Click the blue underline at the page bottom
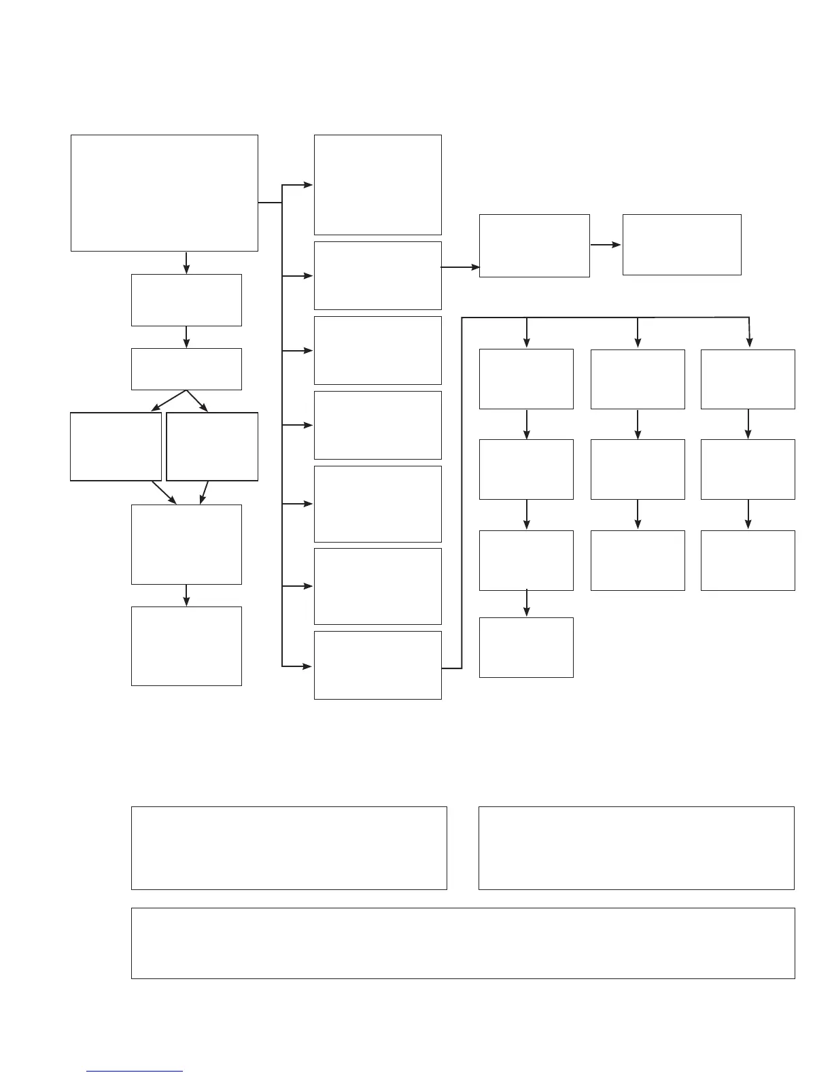[x=135, y=1072]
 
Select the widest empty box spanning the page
[x=462, y=943]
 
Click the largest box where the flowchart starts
[x=164, y=192]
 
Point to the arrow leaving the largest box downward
[x=186, y=262]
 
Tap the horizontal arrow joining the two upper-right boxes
[x=606, y=245]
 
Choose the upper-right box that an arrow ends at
[x=682, y=245]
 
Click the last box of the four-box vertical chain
[x=526, y=647]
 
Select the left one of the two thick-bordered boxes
[x=116, y=446]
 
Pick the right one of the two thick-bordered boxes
[x=212, y=446]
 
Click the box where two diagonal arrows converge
[x=186, y=544]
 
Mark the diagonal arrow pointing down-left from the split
[x=168, y=401]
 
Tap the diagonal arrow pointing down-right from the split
[x=198, y=401]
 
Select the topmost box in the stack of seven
[x=377, y=184]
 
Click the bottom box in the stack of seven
[x=377, y=665]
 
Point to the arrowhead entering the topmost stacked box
[x=308, y=184]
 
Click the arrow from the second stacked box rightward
[x=460, y=267]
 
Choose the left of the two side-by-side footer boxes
[x=289, y=848]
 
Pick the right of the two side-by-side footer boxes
[x=636, y=848]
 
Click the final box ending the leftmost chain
[x=186, y=646]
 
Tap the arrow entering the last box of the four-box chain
[x=526, y=604]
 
